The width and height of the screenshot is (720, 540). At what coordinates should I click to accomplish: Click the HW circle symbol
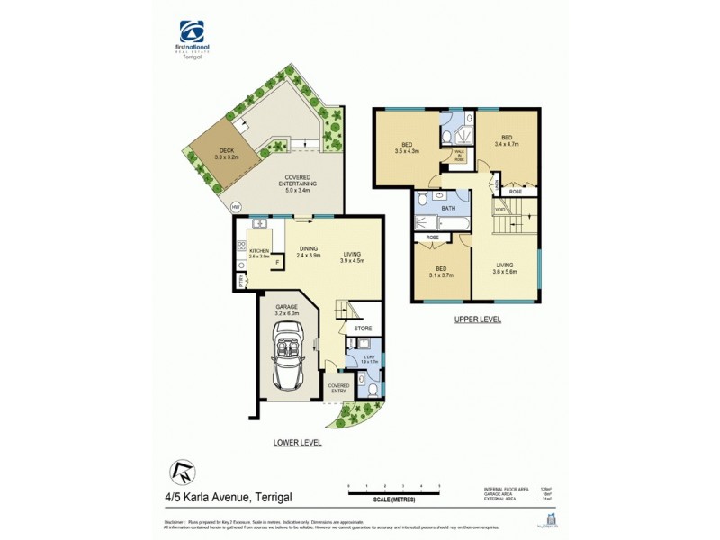(236, 207)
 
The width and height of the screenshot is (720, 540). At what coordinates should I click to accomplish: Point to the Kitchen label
(260, 253)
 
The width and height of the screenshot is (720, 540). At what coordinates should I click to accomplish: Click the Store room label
(363, 328)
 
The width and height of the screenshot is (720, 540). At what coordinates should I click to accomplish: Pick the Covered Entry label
(338, 388)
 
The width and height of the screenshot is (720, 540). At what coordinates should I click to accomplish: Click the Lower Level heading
(299, 443)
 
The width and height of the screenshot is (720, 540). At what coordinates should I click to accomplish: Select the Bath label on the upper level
(448, 208)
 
